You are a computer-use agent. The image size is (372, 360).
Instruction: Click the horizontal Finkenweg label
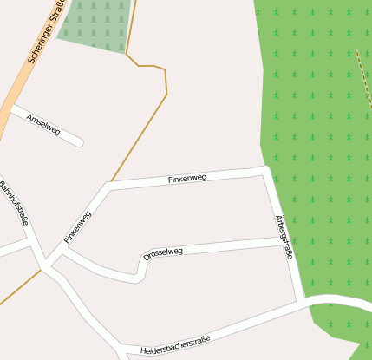coord(186,179)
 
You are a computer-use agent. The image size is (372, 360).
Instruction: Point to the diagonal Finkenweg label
coord(77,226)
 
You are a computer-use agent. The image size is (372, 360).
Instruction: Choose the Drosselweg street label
coord(163,253)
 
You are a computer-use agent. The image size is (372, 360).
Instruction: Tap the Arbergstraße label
coord(284,237)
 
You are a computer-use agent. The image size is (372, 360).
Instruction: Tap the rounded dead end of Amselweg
coord(79,141)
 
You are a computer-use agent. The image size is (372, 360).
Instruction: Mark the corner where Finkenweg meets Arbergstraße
coord(266,171)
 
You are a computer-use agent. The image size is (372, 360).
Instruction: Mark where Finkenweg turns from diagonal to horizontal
coord(107,186)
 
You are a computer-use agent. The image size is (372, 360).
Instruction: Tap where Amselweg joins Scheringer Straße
coord(10,108)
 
